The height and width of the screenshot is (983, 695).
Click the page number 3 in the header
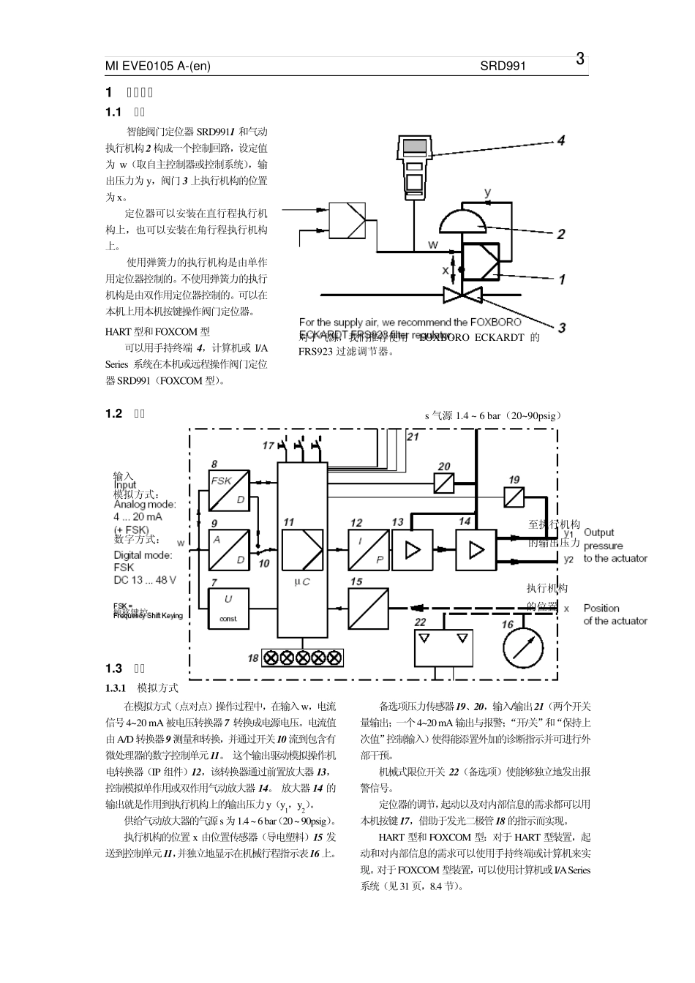click(579, 59)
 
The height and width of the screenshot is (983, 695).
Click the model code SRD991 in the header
click(503, 66)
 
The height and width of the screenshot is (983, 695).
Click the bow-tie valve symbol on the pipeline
click(461, 295)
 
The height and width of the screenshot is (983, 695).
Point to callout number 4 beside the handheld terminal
click(560, 140)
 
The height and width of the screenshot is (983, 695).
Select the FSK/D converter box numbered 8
click(228, 491)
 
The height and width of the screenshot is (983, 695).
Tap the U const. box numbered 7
click(228, 607)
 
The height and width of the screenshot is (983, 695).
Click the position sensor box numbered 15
click(368, 607)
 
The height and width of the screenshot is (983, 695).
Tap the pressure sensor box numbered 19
click(515, 497)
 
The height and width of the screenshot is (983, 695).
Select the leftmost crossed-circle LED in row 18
click(269, 657)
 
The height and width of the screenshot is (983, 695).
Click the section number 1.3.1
click(117, 688)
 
